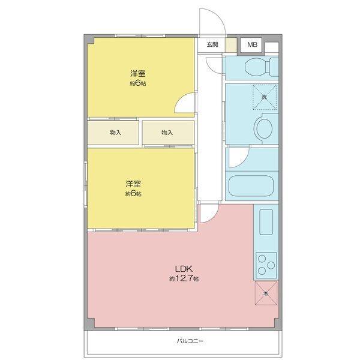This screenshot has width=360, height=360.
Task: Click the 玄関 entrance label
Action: tap(212, 45)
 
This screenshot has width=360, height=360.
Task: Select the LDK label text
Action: tap(183, 269)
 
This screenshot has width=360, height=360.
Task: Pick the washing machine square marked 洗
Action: tap(264, 97)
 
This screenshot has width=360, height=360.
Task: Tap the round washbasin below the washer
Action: tap(264, 128)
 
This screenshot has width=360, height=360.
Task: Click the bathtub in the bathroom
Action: tap(252, 185)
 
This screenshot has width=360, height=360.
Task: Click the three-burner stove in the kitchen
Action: tap(266, 262)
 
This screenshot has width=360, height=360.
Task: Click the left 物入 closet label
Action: tap(116, 133)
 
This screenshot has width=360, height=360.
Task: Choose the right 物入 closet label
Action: tap(167, 133)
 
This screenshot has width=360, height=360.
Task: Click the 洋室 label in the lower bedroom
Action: tap(133, 183)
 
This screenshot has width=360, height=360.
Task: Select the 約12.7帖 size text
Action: tap(184, 279)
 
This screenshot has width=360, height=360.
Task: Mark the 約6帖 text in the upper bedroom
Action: tap(137, 84)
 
